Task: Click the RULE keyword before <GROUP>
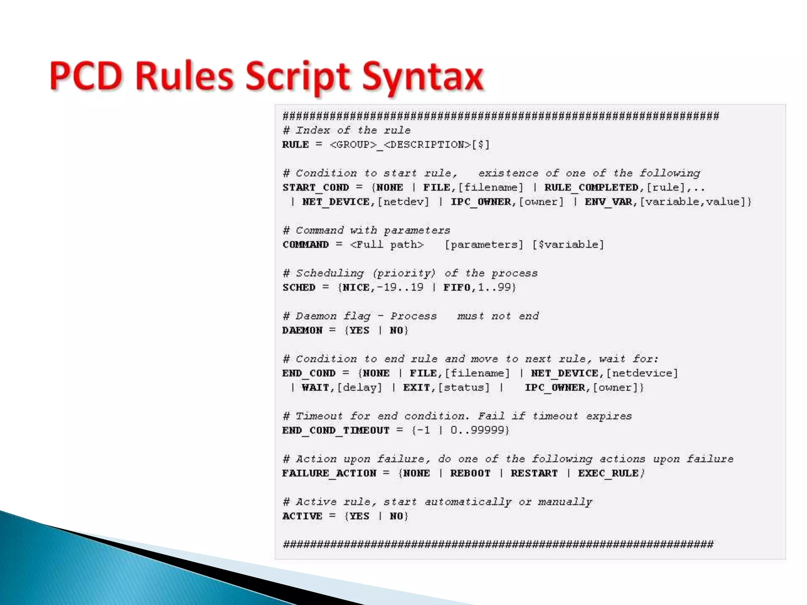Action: pyautogui.click(x=296, y=145)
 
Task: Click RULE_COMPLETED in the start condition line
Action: pyautogui.click(x=591, y=187)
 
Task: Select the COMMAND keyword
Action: pyautogui.click(x=305, y=245)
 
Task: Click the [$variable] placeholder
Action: pyautogui.click(x=568, y=245)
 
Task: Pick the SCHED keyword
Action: pyautogui.click(x=299, y=288)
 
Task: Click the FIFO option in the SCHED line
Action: pyautogui.click(x=457, y=288)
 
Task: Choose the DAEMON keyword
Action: pyautogui.click(x=302, y=330)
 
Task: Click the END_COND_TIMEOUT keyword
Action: pyautogui.click(x=336, y=431)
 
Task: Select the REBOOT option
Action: pyautogui.click(x=470, y=473)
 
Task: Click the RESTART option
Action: pyautogui.click(x=534, y=473)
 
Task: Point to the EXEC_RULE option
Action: pyautogui.click(x=608, y=473)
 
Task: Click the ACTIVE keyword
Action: pyautogui.click(x=302, y=516)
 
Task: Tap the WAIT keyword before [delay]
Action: pyautogui.click(x=315, y=388)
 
